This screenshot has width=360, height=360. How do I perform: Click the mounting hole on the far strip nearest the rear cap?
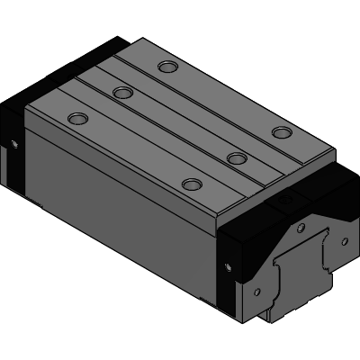pyautogui.click(x=166, y=66)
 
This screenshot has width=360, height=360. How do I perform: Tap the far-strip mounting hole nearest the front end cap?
pyautogui.click(x=283, y=133)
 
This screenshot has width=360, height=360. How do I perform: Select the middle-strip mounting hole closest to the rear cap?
pyautogui.click(x=123, y=92)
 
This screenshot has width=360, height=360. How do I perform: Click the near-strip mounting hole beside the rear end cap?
pyautogui.click(x=79, y=118)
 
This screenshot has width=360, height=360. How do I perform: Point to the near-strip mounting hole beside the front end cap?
pyautogui.click(x=192, y=184)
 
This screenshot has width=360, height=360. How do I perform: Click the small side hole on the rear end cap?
pyautogui.click(x=14, y=143)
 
